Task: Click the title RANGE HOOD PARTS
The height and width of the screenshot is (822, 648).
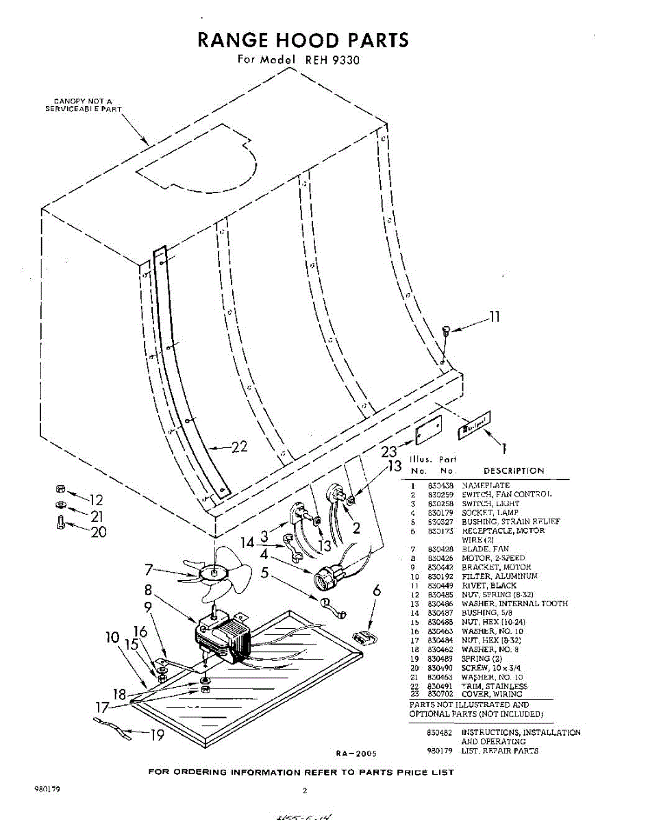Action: [x=303, y=40]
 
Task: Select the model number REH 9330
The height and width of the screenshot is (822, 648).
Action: [x=332, y=60]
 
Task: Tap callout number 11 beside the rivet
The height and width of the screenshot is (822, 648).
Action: [x=493, y=316]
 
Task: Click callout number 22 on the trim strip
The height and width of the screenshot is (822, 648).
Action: [x=238, y=447]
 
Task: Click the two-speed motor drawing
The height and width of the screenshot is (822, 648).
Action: [x=223, y=634]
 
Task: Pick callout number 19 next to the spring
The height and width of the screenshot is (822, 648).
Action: [x=157, y=734]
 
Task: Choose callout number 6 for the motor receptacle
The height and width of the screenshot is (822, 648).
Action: [x=376, y=590]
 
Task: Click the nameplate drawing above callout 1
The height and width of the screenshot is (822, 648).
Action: [x=474, y=426]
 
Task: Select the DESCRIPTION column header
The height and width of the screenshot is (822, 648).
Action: [x=514, y=471]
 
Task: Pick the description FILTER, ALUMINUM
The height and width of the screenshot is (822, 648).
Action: [x=499, y=577]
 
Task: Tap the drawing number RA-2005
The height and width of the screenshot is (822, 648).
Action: [x=356, y=754]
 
